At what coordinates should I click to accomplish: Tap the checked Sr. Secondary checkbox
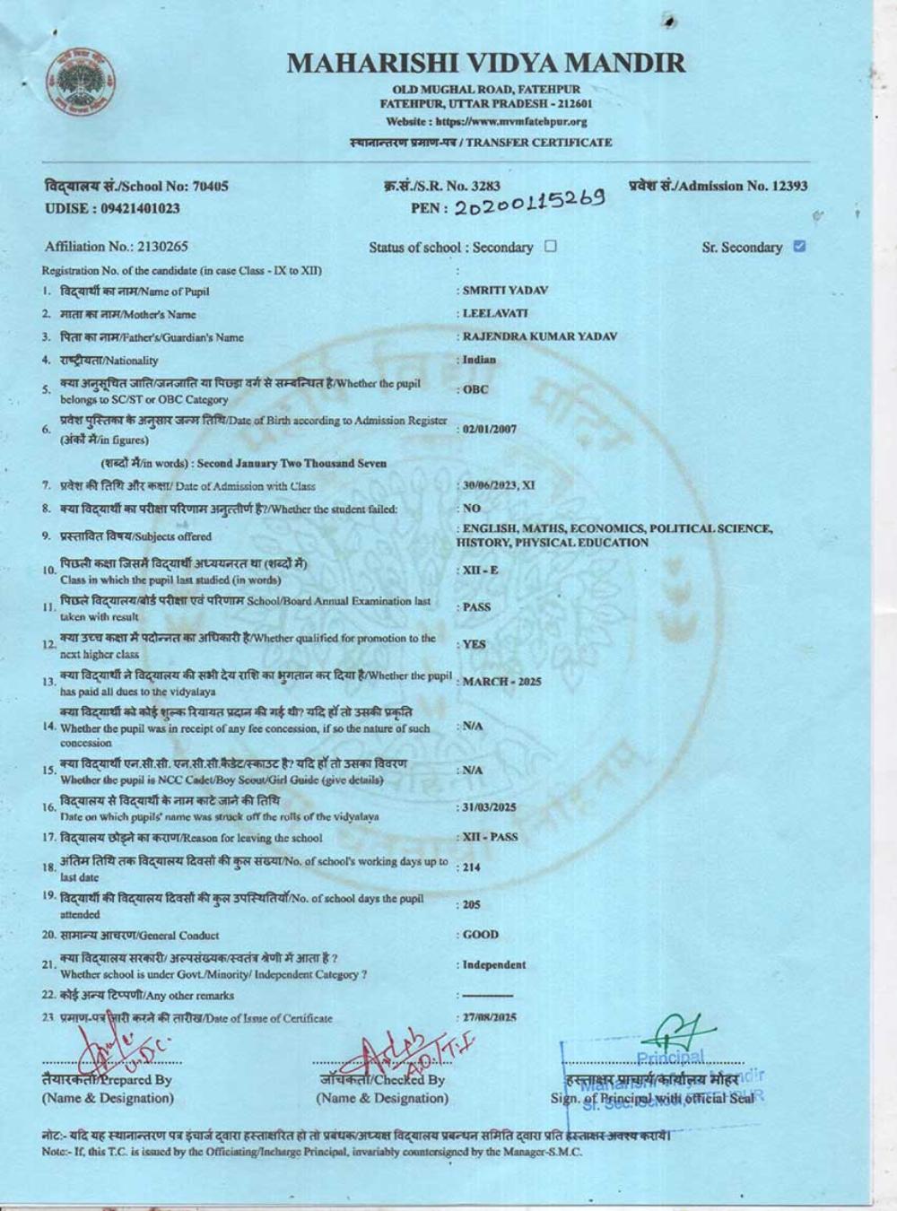(800, 246)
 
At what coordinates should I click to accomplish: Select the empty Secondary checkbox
(551, 246)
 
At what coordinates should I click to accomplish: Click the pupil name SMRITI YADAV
(505, 291)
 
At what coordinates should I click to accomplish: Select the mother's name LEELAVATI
(495, 314)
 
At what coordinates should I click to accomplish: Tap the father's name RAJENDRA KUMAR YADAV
(540, 336)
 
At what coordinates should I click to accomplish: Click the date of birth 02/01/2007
(490, 430)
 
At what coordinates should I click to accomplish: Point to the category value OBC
(475, 390)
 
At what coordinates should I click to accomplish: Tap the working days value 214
(472, 867)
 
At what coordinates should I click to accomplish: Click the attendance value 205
(472, 905)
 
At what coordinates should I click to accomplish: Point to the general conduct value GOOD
(481, 935)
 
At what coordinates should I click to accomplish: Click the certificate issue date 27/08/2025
(490, 1018)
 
